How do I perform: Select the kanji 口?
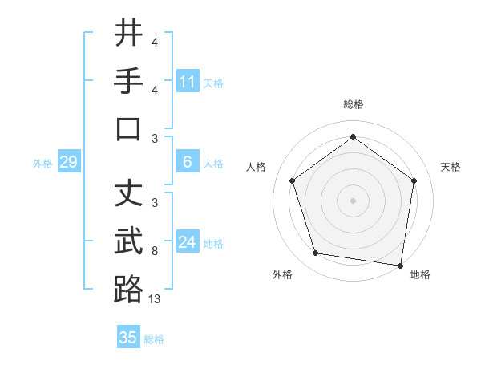128,129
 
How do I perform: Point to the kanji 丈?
128,193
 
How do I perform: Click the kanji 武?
128,241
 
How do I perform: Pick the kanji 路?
128,290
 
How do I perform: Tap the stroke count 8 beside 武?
155,250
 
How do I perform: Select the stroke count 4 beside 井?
155,42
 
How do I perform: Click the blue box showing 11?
188,82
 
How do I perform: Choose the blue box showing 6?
188,162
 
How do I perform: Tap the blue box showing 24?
188,242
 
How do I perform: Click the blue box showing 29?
68,163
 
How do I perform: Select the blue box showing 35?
128,338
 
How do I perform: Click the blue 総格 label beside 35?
154,339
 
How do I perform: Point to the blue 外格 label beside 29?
42,164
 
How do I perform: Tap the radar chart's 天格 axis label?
451,167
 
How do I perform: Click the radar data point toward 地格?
401,265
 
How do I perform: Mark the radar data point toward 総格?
353,136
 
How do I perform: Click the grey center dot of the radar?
353,200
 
